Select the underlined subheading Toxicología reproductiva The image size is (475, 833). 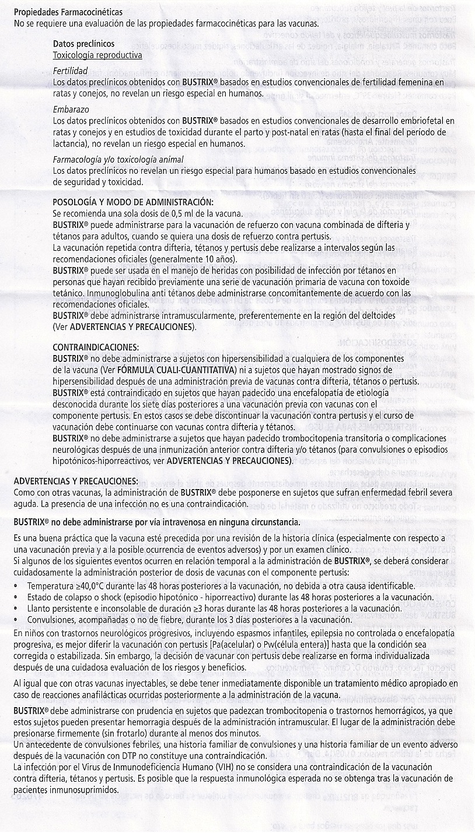(97, 55)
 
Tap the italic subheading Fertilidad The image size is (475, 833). (69, 71)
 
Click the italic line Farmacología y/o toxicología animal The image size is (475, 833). (118, 159)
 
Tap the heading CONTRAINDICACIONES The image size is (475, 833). (96, 346)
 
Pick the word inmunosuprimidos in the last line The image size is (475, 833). (86, 790)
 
